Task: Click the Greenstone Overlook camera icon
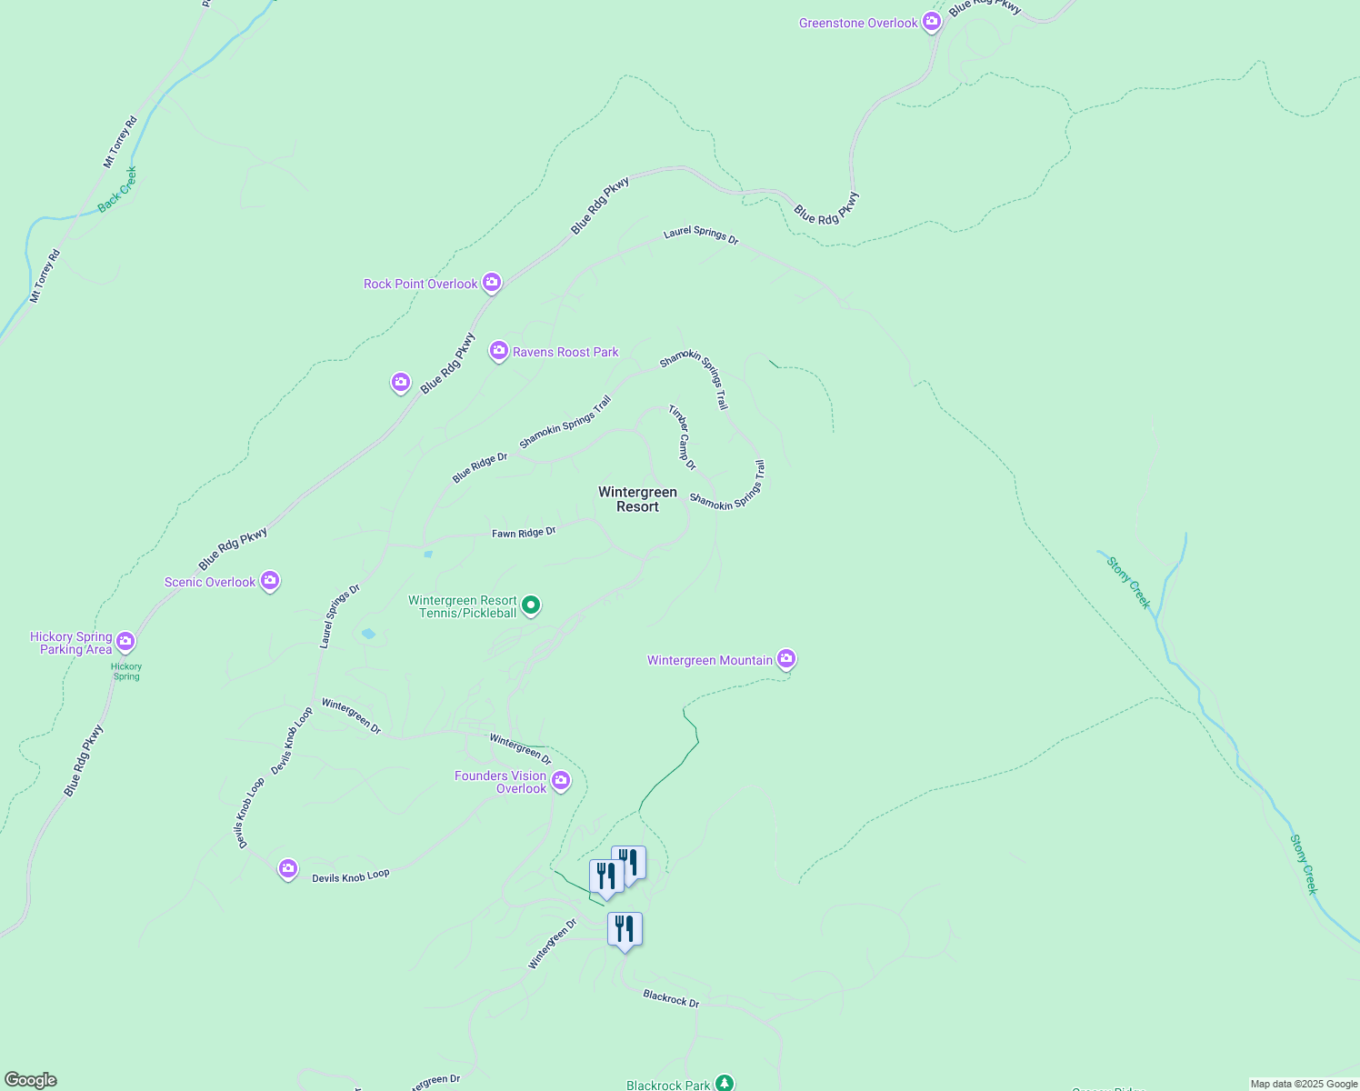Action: click(x=932, y=22)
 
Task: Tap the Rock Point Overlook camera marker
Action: click(x=492, y=283)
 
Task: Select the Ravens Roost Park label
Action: click(x=565, y=352)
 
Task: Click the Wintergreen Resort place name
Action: click(x=637, y=499)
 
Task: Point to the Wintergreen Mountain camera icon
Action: click(x=786, y=659)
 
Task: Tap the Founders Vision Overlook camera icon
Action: click(x=561, y=780)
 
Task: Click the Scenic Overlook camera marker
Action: click(x=269, y=580)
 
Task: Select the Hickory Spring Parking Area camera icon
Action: click(x=125, y=641)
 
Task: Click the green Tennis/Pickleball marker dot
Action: click(x=531, y=605)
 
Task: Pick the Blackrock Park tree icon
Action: click(x=724, y=1083)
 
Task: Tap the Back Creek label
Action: click(x=117, y=189)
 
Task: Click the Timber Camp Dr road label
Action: click(x=682, y=437)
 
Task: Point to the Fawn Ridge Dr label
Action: click(x=524, y=533)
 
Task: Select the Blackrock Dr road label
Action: click(x=671, y=998)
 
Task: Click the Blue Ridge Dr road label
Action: click(x=480, y=468)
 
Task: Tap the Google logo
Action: click(x=30, y=1080)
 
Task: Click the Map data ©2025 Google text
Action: click(x=1304, y=1084)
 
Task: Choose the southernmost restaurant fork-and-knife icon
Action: click(x=625, y=929)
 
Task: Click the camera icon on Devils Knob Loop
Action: click(x=288, y=869)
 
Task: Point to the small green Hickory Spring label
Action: click(x=126, y=672)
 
